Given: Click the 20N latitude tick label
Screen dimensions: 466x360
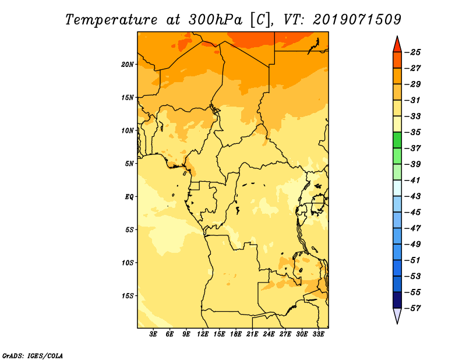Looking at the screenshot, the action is [128, 65].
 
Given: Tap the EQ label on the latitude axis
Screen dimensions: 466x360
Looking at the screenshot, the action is [129, 197].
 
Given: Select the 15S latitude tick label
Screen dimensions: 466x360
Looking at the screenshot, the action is [128, 296].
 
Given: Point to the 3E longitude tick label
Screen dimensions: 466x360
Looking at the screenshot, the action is [153, 334].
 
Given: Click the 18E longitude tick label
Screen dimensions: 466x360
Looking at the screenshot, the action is [236, 334].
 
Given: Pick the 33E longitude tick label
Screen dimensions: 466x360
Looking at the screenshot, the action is [318, 334].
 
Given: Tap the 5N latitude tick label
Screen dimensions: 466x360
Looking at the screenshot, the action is [129, 164].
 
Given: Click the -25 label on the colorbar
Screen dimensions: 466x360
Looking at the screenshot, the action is [412, 52].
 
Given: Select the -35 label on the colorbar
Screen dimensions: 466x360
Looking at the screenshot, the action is [412, 132].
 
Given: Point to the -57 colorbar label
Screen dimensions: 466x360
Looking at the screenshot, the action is [412, 308].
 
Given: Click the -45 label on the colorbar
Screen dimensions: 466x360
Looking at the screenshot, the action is [412, 212].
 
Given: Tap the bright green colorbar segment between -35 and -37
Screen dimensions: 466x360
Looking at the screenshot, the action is [397, 140].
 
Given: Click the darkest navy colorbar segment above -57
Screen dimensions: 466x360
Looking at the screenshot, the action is [397, 300].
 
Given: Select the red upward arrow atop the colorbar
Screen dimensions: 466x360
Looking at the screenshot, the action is [397, 45].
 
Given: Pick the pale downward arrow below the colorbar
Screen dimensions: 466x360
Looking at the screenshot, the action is [397, 316].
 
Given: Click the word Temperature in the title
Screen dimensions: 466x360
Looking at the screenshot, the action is [111, 20].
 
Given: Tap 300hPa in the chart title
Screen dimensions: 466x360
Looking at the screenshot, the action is [215, 20].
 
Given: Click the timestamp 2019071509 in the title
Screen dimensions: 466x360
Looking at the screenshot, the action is [357, 20].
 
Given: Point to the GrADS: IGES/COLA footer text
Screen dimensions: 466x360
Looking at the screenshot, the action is [33, 355].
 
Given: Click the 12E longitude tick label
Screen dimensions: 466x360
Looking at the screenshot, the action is [203, 334].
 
